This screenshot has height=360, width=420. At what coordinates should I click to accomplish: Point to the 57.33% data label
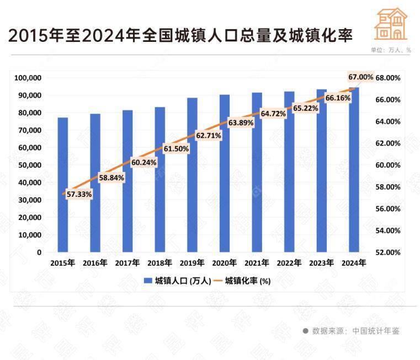[x=79, y=194]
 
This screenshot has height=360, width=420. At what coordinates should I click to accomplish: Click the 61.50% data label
[x=176, y=148]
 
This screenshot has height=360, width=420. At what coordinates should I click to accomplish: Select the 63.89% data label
[x=241, y=123]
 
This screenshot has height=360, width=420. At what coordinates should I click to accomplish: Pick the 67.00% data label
[x=360, y=77]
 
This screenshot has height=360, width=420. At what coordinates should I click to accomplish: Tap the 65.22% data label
[x=305, y=108]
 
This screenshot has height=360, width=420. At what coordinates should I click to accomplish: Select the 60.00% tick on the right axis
[x=388, y=165]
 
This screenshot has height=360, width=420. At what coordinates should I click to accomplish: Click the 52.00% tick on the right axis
[x=388, y=252]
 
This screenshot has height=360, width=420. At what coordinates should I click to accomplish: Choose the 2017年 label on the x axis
[x=127, y=264]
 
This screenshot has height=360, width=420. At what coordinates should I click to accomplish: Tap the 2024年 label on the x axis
[x=354, y=264]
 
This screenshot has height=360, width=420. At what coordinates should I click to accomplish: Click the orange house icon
[x=390, y=24]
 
